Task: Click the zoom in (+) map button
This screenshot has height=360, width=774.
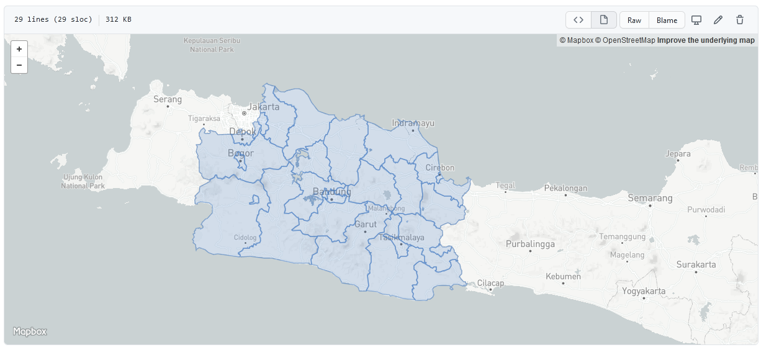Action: tap(19, 48)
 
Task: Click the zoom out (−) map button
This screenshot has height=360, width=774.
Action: tap(19, 65)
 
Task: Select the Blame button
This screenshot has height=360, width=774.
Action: tap(667, 20)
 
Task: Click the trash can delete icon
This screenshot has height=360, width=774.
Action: tap(740, 20)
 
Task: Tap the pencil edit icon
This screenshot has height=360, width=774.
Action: tap(718, 20)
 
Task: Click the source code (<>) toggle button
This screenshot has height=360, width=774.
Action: tap(578, 20)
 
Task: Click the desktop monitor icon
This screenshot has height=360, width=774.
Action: tap(696, 20)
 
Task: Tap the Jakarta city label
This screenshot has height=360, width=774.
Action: tap(263, 107)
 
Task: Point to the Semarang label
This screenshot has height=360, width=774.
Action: tap(650, 198)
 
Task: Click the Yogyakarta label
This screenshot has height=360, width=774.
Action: tap(644, 290)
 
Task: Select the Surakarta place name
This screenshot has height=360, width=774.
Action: tap(696, 264)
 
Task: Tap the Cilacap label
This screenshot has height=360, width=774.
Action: tap(490, 283)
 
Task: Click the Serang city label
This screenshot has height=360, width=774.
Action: tap(168, 99)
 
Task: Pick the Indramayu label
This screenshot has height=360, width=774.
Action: tap(413, 123)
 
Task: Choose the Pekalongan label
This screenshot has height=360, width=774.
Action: tap(565, 188)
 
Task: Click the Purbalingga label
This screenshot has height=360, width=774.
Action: tap(530, 244)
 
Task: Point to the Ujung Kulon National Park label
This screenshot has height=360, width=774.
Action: tap(83, 181)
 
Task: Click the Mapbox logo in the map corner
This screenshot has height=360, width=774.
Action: tap(30, 331)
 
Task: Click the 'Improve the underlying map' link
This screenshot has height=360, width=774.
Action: tap(706, 40)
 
